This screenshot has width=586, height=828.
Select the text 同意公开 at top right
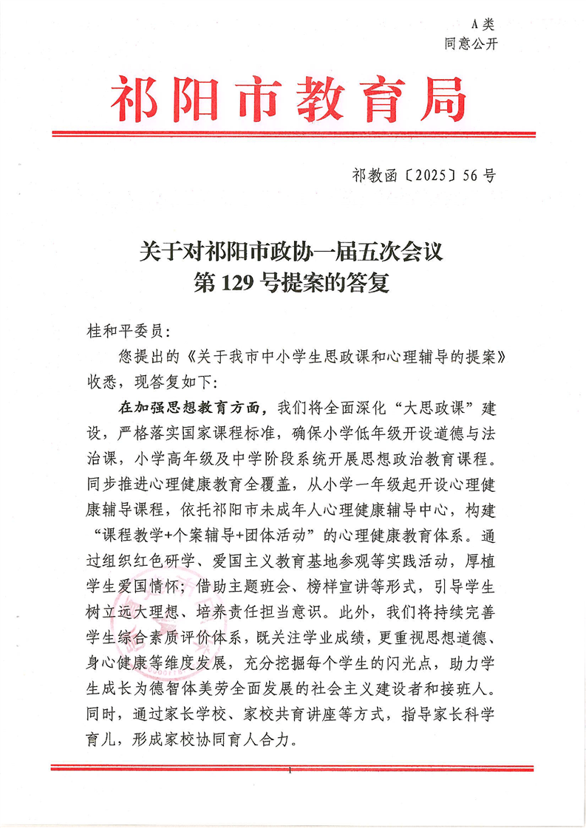471,43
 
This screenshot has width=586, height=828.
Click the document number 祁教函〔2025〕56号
423,175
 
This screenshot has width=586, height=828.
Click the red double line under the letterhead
293,134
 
